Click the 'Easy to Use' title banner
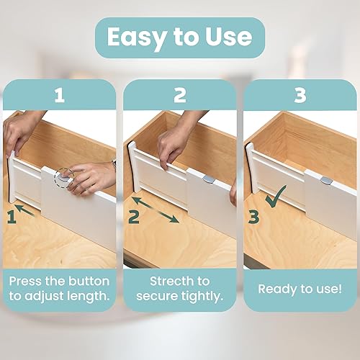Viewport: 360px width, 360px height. [179, 37]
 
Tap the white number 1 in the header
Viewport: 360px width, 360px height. [59, 95]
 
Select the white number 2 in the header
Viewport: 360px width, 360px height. [179, 95]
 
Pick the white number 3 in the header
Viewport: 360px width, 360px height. [300, 95]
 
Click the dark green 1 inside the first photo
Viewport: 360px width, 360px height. [12, 215]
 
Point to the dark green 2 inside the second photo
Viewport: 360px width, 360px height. [134, 215]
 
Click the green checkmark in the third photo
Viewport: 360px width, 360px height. [275, 197]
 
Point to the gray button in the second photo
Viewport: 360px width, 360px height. [206, 177]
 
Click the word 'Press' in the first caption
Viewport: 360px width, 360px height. [27, 280]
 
